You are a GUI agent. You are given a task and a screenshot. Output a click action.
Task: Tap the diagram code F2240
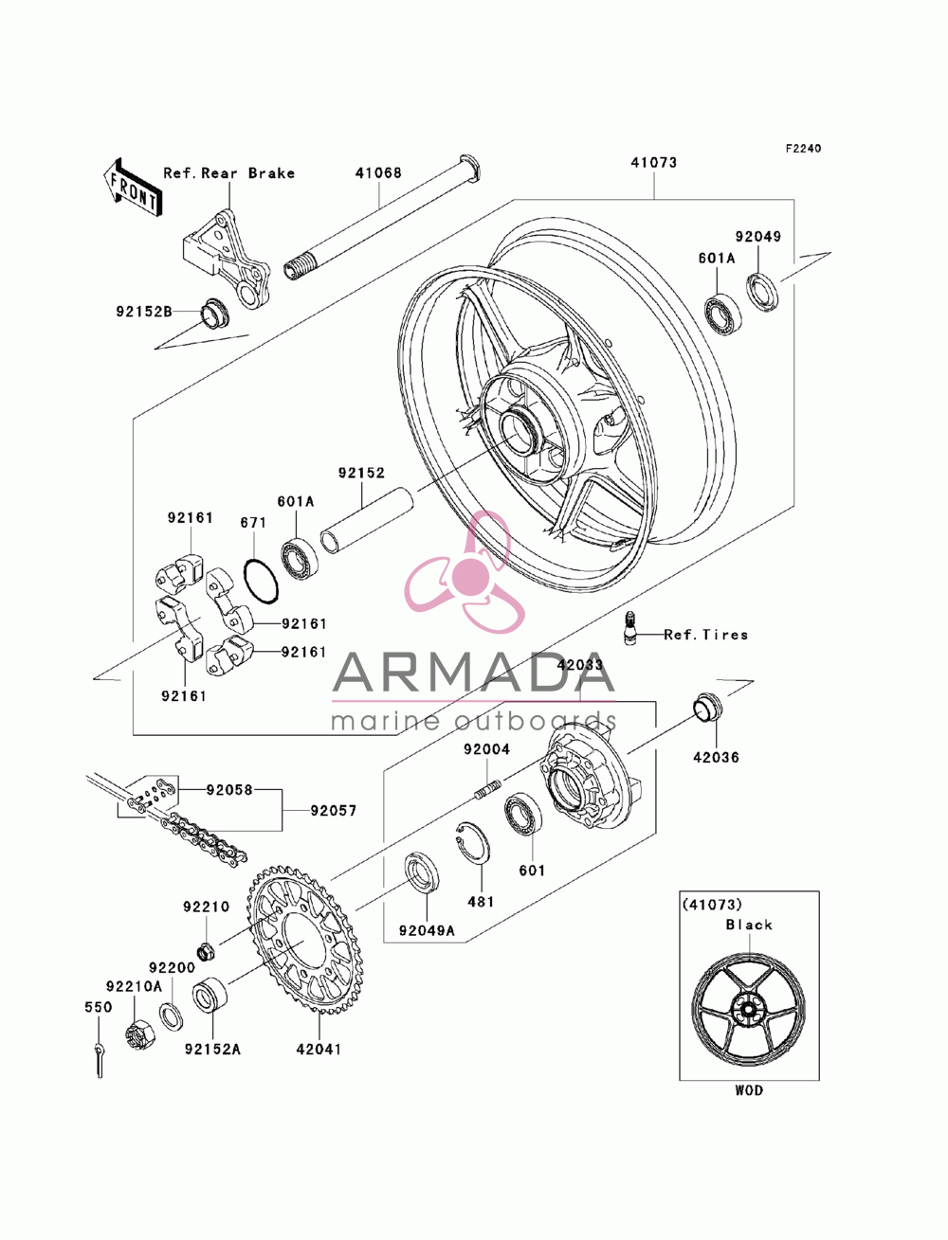(802, 149)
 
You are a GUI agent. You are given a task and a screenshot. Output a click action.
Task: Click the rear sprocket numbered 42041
(304, 943)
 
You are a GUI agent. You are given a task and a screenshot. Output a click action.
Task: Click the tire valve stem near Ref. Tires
(630, 626)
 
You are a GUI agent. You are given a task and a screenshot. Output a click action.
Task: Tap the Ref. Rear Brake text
(229, 172)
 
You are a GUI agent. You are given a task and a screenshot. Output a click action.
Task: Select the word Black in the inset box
(749, 925)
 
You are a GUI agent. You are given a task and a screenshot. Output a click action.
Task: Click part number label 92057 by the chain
(334, 811)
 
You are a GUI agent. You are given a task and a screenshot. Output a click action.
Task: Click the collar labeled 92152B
(215, 313)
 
